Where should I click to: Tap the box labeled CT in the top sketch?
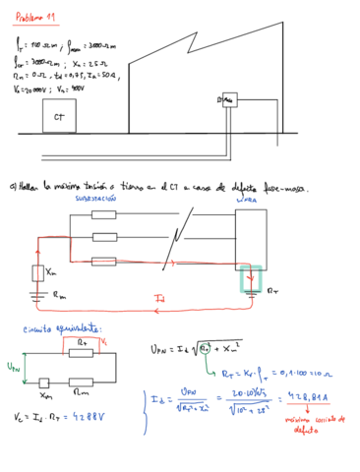tap(59, 117)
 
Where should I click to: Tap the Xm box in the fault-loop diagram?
tap(38, 272)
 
